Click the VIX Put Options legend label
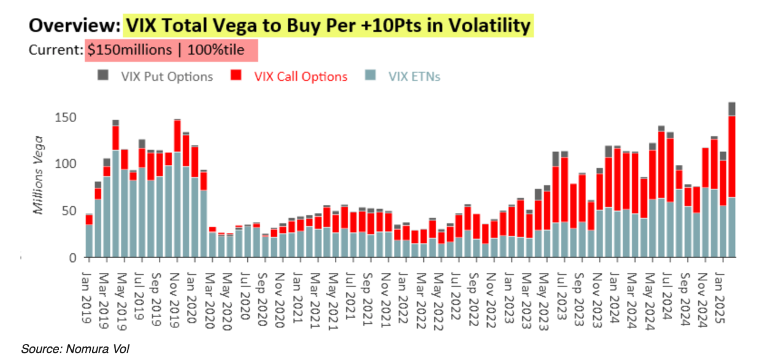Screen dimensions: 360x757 167,77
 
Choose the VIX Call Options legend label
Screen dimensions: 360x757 301,77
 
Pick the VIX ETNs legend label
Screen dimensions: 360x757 414,77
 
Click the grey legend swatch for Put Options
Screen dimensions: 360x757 103,75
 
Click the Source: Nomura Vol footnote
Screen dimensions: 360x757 75,349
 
